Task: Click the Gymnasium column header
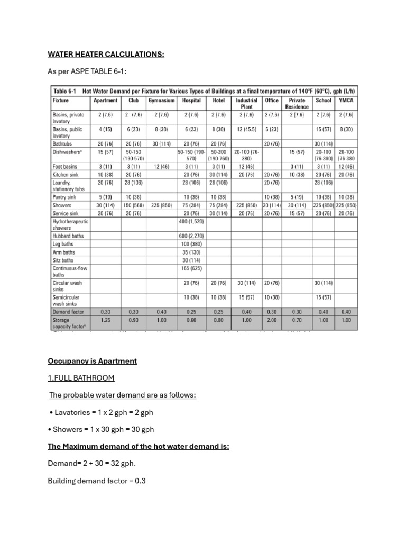[162, 100]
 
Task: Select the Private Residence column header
[297, 103]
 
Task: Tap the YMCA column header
[346, 100]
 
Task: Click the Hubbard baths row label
[68, 236]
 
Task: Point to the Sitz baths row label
[63, 260]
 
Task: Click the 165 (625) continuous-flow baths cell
[191, 268]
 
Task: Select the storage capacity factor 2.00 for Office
[271, 320]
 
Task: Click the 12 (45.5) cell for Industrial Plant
[246, 129]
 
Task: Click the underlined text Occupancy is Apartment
[92, 361]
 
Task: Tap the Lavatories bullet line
[102, 412]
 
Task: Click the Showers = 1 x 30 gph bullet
[100, 429]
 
